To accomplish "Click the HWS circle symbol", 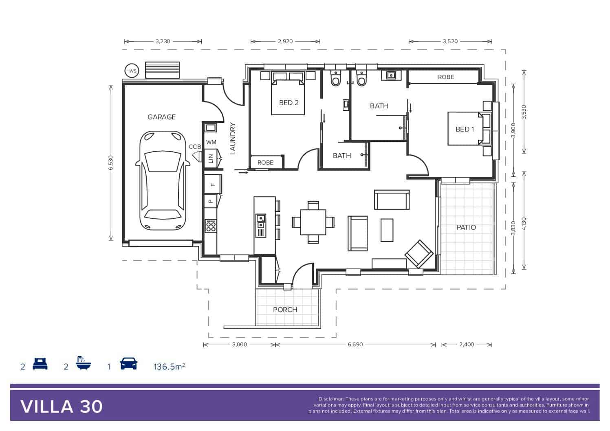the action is click(132, 71).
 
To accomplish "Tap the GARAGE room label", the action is click(161, 117).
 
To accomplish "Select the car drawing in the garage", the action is click(163, 180).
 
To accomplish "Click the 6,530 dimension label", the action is click(110, 163).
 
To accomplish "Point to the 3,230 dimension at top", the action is click(163, 42).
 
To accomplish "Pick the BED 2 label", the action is click(289, 103).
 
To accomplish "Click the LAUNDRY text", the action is click(233, 139).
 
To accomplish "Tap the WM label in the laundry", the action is click(211, 142).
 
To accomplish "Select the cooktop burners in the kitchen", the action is click(211, 226).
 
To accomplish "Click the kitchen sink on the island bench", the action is click(261, 221).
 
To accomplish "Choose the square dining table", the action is click(313, 222).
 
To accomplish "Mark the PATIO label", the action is click(466, 227).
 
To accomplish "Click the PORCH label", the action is click(285, 310).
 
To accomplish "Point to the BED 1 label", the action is click(465, 129).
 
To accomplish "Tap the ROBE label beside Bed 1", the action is click(446, 77).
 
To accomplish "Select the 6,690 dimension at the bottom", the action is click(355, 344).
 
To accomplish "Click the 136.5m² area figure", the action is click(170, 367).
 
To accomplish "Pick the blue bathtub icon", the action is click(84, 363).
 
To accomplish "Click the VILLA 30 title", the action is click(62, 407).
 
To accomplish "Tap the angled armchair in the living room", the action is click(419, 254).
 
